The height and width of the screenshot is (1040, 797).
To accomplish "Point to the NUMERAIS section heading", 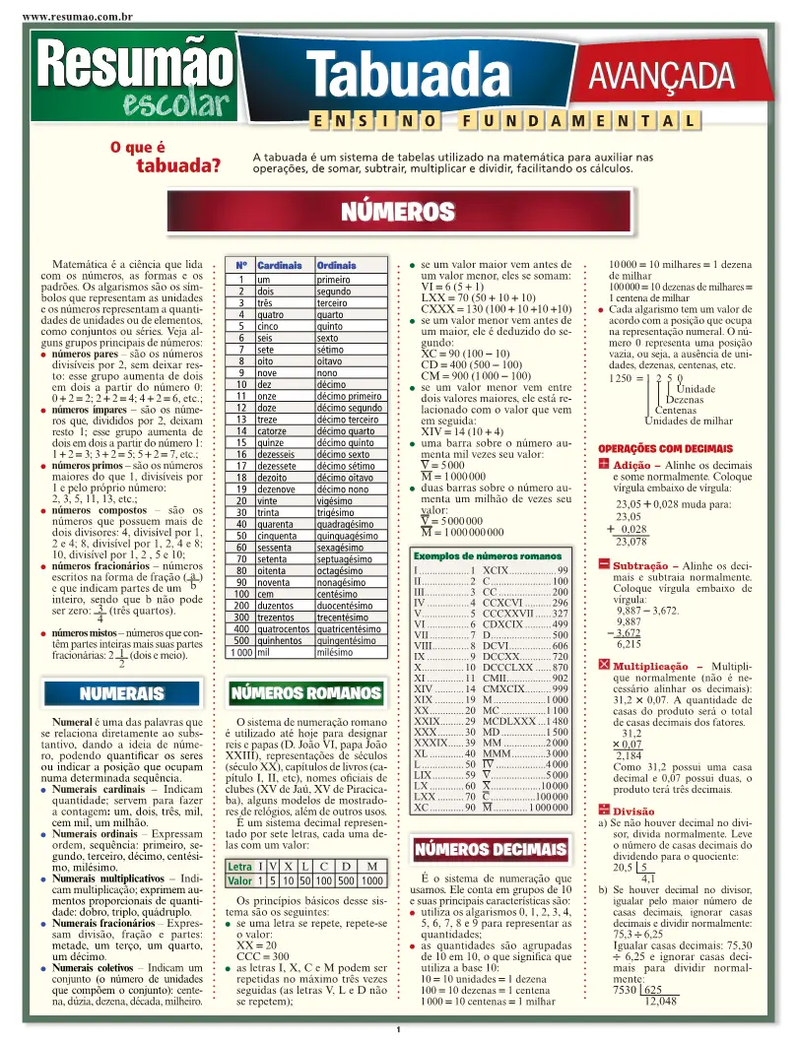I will pos(122,693).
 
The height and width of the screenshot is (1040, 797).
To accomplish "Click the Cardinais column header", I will pos(279,266).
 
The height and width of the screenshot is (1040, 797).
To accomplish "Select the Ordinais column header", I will pos(336,266).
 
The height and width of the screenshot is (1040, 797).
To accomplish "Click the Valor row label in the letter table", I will pos(239,880).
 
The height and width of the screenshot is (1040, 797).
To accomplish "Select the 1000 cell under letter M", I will pos(372,880).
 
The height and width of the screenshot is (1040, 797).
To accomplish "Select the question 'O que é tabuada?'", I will pos(166,157).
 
